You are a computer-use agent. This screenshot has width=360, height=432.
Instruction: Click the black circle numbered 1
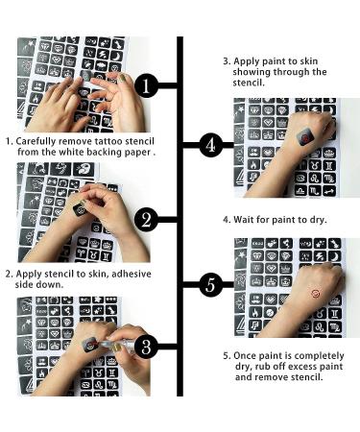coord(146,85)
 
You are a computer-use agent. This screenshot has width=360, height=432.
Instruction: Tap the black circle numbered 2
coord(146,220)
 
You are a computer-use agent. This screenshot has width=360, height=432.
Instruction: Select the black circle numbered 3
coord(146,347)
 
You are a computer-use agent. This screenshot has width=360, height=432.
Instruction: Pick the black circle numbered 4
coord(211,145)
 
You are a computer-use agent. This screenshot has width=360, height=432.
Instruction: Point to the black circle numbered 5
coord(211,284)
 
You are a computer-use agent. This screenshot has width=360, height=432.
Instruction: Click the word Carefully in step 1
coord(36,142)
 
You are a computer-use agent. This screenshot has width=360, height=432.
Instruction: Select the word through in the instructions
coord(292,72)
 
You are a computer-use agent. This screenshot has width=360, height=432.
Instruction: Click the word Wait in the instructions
coord(244,220)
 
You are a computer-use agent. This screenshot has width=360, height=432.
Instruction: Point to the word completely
coord(320,356)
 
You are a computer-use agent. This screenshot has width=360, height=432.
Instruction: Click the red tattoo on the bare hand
coord(316,293)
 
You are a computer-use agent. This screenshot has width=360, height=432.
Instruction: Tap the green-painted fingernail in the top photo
coord(122,77)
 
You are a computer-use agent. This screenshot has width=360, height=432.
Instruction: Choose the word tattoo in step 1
coord(108,141)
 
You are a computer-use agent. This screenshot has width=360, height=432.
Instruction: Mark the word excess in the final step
coord(290,367)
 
